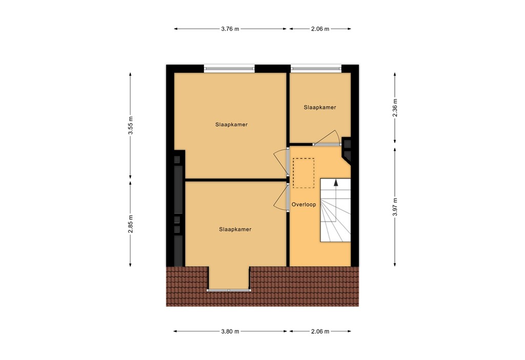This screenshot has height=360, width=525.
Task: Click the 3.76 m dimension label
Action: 230,29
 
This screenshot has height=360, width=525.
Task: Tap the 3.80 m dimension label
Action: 230,331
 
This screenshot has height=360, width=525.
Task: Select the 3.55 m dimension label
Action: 131,126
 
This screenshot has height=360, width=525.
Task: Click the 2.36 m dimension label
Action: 395,108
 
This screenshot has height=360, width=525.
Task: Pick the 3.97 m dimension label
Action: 395,207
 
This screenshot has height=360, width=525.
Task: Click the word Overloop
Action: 304,205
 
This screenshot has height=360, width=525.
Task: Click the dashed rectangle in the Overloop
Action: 303,172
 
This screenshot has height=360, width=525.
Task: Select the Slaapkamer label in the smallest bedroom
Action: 320,108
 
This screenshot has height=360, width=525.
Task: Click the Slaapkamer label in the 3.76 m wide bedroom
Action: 231,125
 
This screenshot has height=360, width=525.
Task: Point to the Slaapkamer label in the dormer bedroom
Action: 235,230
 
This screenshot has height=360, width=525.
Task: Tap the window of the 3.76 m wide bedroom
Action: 229,68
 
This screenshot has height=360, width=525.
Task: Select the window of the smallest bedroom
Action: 316,68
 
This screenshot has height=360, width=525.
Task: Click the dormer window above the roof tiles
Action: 229,290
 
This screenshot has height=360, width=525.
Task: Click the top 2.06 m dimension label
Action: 320,29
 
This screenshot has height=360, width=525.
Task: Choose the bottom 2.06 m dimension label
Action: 320,331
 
